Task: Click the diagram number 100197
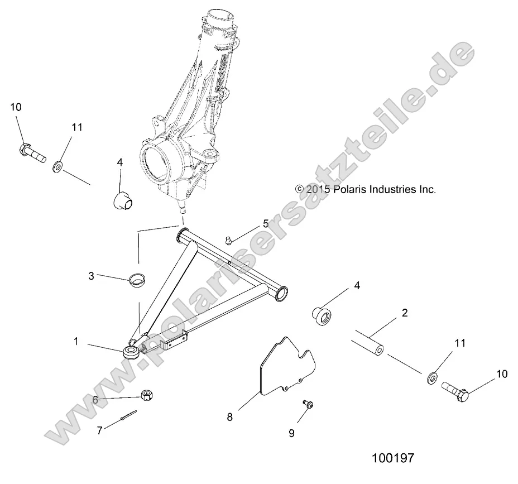pyautogui.click(x=393, y=458)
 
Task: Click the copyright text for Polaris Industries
pyautogui.click(x=366, y=189)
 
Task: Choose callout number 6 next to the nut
pyautogui.click(x=95, y=400)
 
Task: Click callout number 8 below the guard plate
pyautogui.click(x=229, y=417)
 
